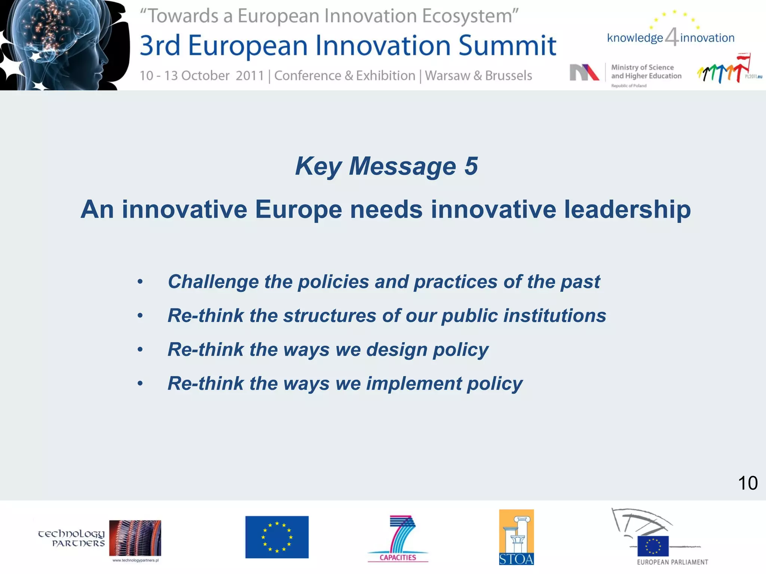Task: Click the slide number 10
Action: click(x=747, y=483)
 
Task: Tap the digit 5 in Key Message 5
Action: click(x=471, y=166)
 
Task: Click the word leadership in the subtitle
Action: click(x=627, y=209)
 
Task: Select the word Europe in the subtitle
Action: click(x=298, y=209)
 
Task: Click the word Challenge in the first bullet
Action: click(x=213, y=282)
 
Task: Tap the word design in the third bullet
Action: click(x=396, y=350)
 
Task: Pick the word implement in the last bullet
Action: click(x=414, y=384)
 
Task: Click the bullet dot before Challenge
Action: click(x=140, y=282)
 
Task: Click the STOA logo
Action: click(x=516, y=537)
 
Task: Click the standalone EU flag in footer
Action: click(x=277, y=537)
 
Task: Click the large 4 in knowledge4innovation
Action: click(x=672, y=37)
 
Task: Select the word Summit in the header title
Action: click(x=507, y=46)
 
